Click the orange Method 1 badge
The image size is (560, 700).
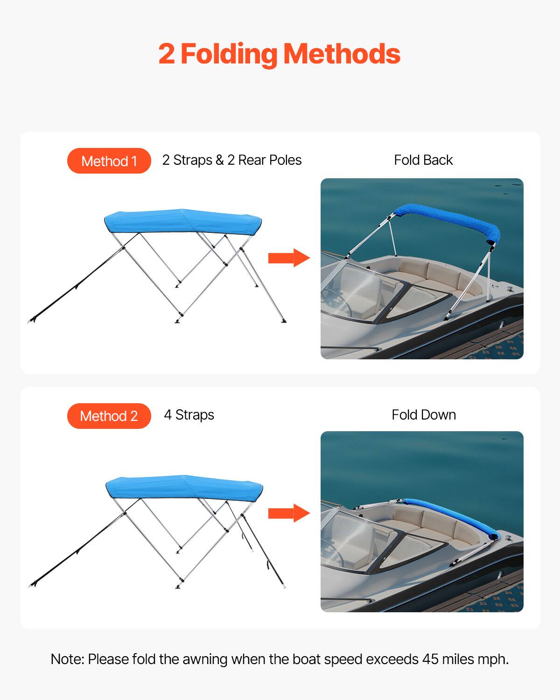click(x=109, y=161)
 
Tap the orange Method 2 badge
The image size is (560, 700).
click(x=109, y=416)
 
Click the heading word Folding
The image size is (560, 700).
click(x=229, y=54)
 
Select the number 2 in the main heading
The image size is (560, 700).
click(x=166, y=54)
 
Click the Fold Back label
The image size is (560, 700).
click(x=423, y=160)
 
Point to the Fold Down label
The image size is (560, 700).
click(x=423, y=415)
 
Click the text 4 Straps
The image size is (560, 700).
click(x=189, y=415)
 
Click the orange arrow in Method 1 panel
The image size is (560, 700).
click(x=289, y=258)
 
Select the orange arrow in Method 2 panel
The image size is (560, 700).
click(x=289, y=513)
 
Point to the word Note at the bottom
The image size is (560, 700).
click(x=67, y=659)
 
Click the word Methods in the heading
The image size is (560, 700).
click(x=342, y=54)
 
